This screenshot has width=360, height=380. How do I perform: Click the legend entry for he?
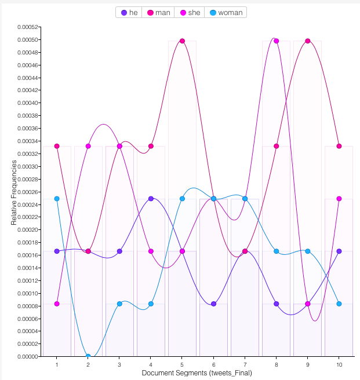tap(129, 12)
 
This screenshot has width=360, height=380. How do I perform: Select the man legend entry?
tap(158, 12)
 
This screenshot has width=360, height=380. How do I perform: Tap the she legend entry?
tap(190, 12)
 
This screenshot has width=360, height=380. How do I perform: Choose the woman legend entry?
tap(226, 12)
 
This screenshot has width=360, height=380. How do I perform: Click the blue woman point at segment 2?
tap(88, 356)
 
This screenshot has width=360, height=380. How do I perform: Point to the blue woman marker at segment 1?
tap(57, 199)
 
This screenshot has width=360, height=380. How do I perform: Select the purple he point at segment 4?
tap(151, 199)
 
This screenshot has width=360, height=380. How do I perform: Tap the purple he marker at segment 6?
tap(213, 304)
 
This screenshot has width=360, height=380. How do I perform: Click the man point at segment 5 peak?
tap(182, 41)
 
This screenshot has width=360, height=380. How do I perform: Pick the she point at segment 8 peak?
tap(277, 41)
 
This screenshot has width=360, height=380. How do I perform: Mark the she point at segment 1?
tap(57, 304)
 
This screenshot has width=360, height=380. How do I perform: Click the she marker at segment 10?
tap(339, 199)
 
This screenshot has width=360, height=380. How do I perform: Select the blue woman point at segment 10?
tap(339, 304)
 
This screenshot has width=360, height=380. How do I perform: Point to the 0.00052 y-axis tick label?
tap(27, 27)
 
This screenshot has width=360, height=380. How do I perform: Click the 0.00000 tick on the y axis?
tap(27, 357)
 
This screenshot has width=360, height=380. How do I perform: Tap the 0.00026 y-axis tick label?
tap(27, 192)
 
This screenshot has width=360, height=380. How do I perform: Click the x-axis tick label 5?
tap(182, 365)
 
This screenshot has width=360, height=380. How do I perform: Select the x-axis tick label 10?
tap(339, 365)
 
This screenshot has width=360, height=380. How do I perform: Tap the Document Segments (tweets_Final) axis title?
tap(197, 374)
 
